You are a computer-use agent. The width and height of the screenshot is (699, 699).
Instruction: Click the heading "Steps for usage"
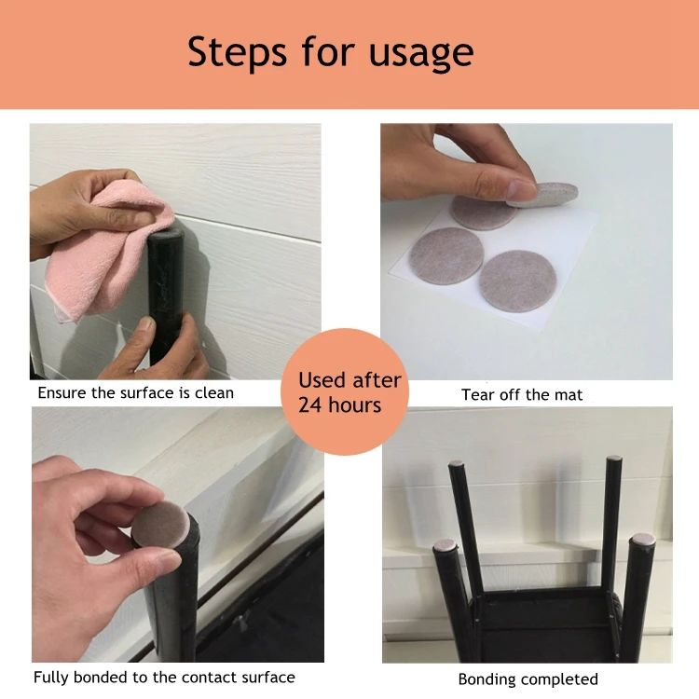[x=330, y=52]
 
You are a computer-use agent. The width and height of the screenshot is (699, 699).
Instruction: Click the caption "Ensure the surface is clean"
[x=135, y=392]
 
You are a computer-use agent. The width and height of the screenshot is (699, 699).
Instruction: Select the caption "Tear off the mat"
[x=522, y=394]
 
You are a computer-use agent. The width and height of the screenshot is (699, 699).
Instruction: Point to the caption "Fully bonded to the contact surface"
[x=164, y=678]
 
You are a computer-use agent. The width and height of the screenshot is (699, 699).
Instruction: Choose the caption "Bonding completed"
[x=528, y=679]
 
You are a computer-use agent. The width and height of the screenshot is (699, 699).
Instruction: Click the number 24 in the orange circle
[x=309, y=405]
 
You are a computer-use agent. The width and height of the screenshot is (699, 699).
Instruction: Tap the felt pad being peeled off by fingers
[x=544, y=195]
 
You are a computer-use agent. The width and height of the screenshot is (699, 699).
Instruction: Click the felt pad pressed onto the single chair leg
[x=161, y=524]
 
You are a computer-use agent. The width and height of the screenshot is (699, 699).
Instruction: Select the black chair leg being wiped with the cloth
[x=165, y=295]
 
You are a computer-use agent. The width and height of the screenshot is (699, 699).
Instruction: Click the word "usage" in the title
[x=421, y=54]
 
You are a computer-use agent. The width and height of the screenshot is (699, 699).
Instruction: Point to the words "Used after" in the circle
[x=349, y=380]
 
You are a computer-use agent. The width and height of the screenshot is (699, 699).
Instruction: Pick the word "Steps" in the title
[x=237, y=52]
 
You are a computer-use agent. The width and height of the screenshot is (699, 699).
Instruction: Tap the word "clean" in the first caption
[x=214, y=392]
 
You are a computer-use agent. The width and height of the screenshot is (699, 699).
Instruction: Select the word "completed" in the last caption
[x=559, y=679]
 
